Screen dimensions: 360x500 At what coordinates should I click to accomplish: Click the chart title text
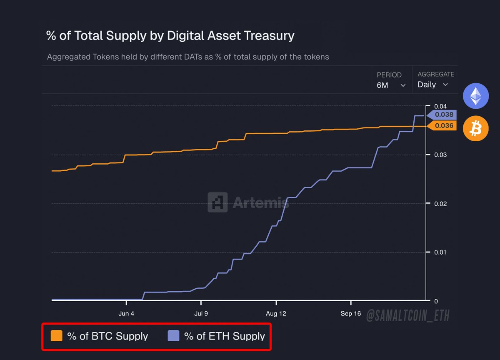(x=170, y=36)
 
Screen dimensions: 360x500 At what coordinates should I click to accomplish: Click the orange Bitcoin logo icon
(x=475, y=128)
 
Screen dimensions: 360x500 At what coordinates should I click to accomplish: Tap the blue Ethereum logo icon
(x=475, y=96)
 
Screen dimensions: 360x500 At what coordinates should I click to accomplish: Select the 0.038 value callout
(x=443, y=115)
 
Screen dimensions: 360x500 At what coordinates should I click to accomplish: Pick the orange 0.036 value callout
(x=443, y=126)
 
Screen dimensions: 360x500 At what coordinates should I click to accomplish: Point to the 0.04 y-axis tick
(x=440, y=106)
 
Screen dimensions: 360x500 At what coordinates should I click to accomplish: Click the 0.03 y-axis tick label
(x=440, y=155)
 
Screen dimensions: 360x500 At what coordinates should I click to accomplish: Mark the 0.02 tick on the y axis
(x=440, y=204)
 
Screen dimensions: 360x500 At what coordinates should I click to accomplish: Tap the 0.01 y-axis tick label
(x=440, y=252)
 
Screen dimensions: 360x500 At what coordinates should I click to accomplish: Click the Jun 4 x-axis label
(x=126, y=314)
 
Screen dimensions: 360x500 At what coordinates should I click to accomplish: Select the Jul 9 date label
(x=201, y=314)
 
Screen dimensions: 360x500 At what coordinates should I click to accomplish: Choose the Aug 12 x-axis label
(x=276, y=314)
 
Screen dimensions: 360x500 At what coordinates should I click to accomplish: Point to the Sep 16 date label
(x=351, y=314)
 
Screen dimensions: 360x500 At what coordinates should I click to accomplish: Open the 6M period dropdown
(x=391, y=85)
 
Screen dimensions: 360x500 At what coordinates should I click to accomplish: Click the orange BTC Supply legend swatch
(x=56, y=336)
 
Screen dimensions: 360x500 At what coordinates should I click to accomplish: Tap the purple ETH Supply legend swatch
(x=173, y=336)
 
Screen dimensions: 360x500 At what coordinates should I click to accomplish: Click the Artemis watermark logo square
(x=217, y=202)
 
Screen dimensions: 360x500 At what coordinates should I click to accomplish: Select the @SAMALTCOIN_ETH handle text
(x=408, y=315)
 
